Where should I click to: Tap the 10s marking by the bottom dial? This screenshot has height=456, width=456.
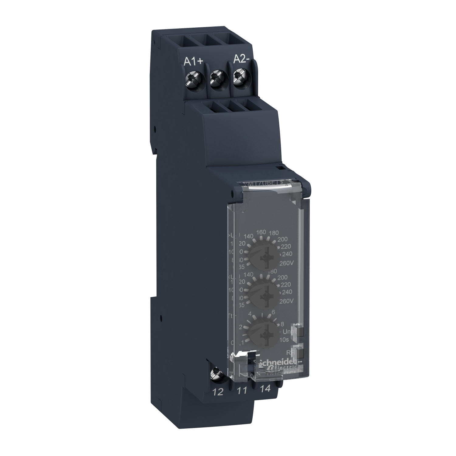[284, 340]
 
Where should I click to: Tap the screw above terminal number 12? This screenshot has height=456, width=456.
[217, 371]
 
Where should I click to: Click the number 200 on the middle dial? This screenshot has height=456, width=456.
[282, 278]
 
